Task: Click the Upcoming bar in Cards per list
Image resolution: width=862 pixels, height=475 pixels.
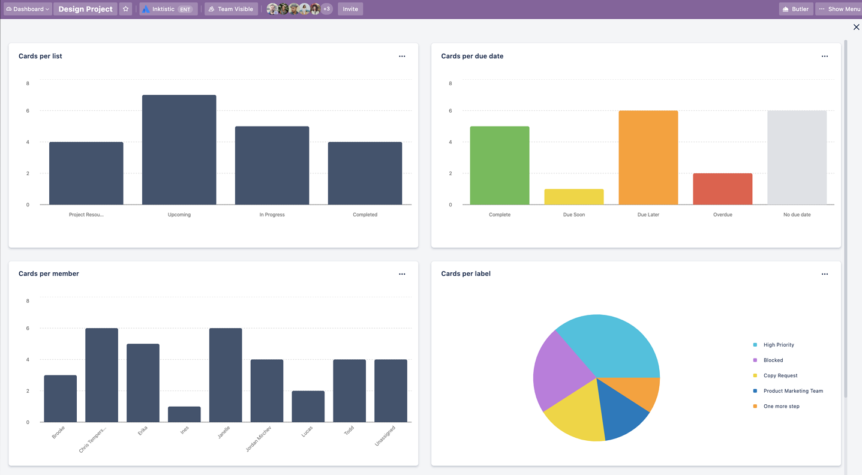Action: coord(179,150)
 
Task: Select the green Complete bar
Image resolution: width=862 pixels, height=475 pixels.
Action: coord(499,166)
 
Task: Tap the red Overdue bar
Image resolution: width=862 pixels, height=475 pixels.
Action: coord(722,189)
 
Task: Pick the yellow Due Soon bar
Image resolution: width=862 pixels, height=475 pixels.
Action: coord(573,197)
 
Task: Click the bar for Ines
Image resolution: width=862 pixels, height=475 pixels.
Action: coord(184,414)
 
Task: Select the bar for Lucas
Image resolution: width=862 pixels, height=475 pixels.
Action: coord(308,407)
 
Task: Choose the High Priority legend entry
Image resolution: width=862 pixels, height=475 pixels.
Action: coord(778,345)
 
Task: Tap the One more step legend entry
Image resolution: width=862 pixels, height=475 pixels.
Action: coord(781,407)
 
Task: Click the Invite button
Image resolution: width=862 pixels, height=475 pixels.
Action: coord(350,9)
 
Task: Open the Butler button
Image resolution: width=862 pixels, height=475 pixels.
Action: coord(795,9)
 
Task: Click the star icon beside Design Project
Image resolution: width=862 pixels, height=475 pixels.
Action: coord(125,9)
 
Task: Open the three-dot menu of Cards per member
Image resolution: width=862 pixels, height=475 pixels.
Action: coord(402,274)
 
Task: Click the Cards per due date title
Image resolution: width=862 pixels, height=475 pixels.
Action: coord(472,56)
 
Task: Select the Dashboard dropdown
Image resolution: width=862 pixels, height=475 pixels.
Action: coord(28,9)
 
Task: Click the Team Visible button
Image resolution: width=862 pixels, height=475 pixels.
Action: coord(231,9)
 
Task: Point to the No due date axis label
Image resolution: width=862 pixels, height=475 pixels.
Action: coord(797,215)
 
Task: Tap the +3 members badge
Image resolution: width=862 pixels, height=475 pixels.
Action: coord(326,9)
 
